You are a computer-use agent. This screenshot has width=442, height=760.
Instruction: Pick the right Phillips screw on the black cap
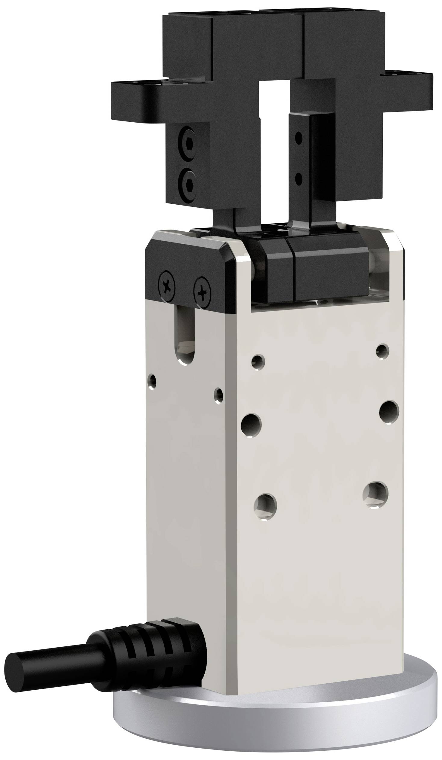click(202, 292)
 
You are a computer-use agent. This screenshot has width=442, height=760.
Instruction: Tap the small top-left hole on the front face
click(258, 362)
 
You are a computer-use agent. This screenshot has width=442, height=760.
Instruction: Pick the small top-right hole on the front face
click(382, 351)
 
